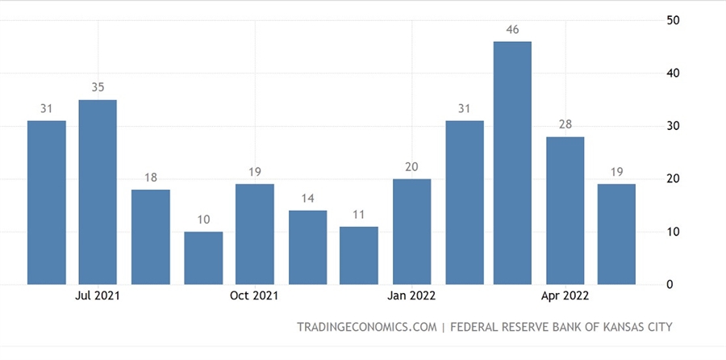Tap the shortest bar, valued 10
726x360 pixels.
tap(202, 258)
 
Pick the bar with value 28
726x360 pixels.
tap(565, 211)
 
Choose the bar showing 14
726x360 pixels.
tap(307, 248)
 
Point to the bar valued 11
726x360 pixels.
tap(359, 256)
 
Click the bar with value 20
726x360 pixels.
tap(411, 232)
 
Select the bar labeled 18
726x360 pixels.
tap(151, 237)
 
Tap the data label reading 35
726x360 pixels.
tap(98, 87)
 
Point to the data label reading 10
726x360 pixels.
tap(202, 220)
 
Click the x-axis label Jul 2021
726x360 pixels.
tap(98, 295)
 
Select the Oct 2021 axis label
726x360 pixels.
tap(254, 295)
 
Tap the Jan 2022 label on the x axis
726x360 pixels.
tap(411, 295)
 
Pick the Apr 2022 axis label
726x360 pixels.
tap(566, 295)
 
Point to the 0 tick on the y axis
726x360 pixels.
tap(670, 285)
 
